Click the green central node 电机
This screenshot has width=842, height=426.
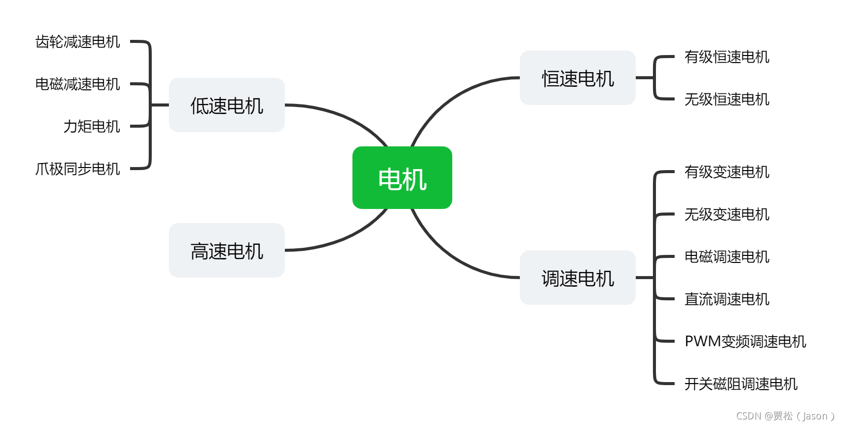coord(402,178)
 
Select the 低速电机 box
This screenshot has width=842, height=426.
coord(226,105)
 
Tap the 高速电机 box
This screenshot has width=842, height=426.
coord(226,250)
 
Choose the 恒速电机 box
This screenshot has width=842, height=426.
coord(577,78)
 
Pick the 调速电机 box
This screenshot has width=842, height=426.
coord(577,278)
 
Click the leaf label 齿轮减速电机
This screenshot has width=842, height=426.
coord(78,41)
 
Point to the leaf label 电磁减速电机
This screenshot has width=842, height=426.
coord(78,84)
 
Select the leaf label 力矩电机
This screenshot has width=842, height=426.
coord(92,126)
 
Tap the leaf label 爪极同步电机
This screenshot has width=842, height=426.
coord(78,169)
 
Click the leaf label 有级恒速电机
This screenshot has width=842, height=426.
coord(727,57)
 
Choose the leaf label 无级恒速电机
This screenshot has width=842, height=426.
coord(727,99)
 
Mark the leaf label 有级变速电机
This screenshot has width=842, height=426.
coord(727,172)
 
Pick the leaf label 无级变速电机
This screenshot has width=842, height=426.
coord(727,214)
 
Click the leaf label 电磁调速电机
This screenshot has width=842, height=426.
coord(727,256)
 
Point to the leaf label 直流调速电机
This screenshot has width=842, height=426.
coord(727,299)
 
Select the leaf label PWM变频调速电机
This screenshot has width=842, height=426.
coord(745,341)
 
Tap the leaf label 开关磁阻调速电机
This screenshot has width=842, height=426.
coord(741,384)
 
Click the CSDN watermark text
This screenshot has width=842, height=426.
coord(785,416)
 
